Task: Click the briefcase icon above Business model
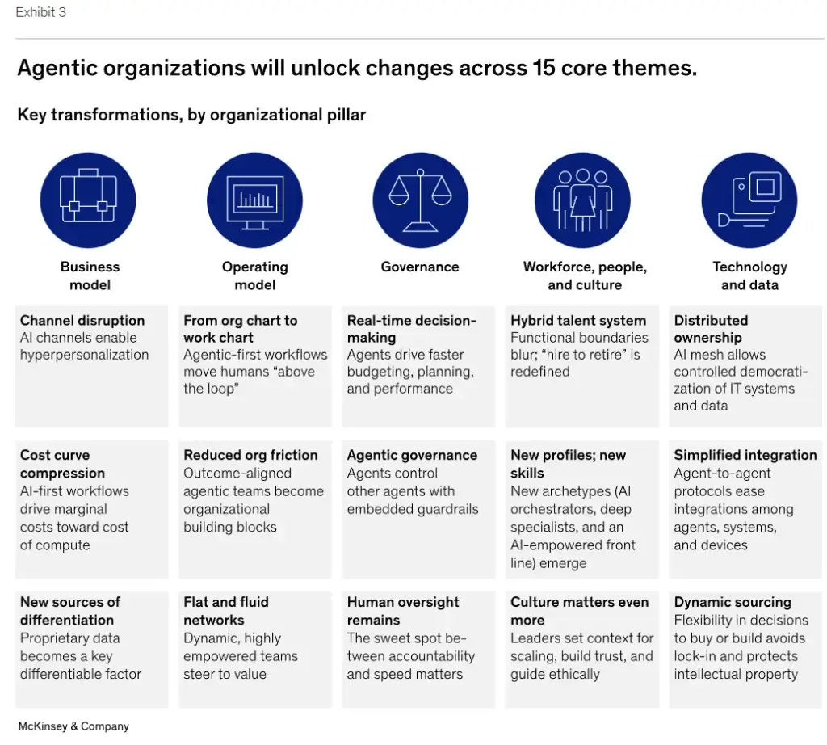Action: tap(88, 200)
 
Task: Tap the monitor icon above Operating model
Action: tap(254, 200)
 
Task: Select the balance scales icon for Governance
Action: tap(420, 200)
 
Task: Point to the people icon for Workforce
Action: tap(582, 200)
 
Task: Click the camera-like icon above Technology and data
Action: tap(749, 200)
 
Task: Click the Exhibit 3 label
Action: tap(41, 13)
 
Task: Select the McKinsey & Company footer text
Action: tap(73, 726)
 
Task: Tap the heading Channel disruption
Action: tap(82, 321)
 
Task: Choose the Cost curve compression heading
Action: tap(63, 464)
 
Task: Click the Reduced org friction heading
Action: tap(250, 455)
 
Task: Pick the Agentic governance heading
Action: tap(412, 455)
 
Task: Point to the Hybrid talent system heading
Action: tap(578, 321)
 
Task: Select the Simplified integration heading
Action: tap(745, 455)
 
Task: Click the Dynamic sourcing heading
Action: tap(733, 602)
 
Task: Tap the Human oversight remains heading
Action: tap(403, 611)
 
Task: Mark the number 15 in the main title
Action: tap(546, 68)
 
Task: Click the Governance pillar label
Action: tap(420, 267)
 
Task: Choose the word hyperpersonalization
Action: tap(85, 355)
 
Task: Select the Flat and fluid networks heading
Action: tap(226, 611)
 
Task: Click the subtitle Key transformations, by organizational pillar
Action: tap(191, 115)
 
